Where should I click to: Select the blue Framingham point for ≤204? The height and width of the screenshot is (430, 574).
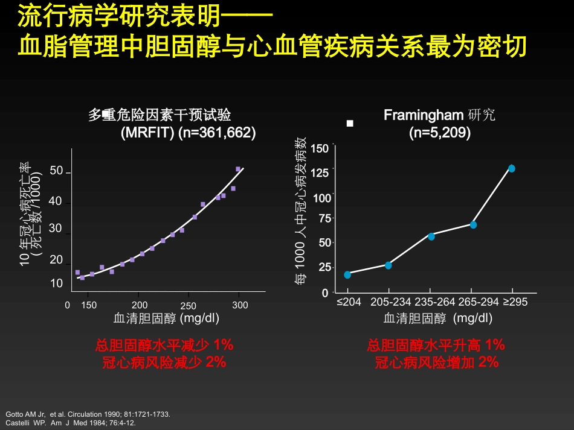347,274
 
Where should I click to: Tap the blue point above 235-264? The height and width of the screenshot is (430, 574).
431,236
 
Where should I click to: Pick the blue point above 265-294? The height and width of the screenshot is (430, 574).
473,225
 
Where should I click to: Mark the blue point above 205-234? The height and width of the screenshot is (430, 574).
389,265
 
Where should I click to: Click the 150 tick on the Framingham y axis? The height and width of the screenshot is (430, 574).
320,148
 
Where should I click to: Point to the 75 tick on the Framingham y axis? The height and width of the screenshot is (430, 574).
324,218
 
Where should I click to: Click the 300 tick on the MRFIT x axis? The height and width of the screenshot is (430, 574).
240,306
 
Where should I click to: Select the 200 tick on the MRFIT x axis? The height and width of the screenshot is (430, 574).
139,306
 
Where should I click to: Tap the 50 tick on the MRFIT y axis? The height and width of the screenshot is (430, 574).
56,171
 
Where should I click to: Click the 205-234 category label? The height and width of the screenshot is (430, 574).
390,302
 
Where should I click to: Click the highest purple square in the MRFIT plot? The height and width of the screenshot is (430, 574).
238,169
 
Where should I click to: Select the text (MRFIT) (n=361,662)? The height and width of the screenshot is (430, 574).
188,133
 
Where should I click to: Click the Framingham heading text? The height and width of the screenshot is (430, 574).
439,115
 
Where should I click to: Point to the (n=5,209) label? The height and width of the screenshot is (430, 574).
439,133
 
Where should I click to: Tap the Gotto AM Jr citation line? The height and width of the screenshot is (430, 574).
88,414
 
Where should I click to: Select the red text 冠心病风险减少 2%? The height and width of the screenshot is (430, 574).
164,362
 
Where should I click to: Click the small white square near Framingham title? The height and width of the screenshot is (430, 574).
349,123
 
